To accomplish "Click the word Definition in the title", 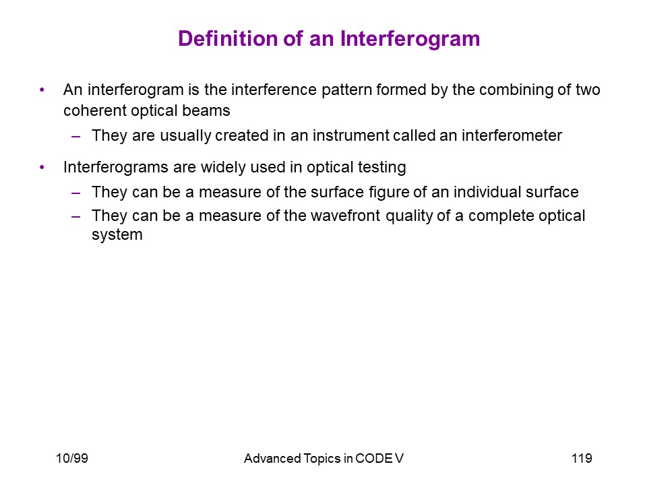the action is [228, 39].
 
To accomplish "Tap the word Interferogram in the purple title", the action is [410, 40].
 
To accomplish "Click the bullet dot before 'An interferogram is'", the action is [42, 90].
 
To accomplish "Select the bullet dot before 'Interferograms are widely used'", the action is [42, 167].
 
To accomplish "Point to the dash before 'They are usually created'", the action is [75, 136].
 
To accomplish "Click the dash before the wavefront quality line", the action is [75, 216].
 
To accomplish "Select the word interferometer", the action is [512, 135].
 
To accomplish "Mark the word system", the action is [117, 235].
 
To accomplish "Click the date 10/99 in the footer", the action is [72, 458].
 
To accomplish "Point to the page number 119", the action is [582, 458].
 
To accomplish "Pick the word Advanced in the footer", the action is [272, 458].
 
